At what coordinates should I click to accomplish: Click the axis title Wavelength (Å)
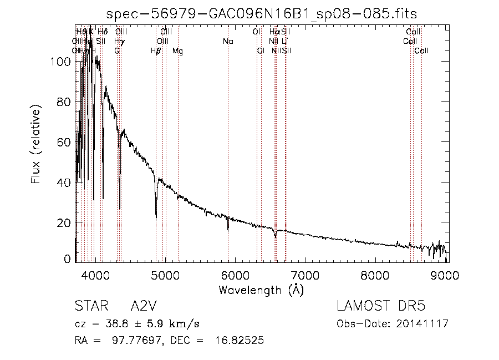(x=261, y=290)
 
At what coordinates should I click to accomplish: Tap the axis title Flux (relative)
(x=37, y=147)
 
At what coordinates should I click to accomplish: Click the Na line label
(x=228, y=42)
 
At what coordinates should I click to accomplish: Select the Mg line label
(x=178, y=51)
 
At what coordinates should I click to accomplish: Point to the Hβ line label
(x=156, y=51)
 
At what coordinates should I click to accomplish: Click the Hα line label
(x=274, y=32)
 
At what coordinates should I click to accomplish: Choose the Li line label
(x=284, y=42)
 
